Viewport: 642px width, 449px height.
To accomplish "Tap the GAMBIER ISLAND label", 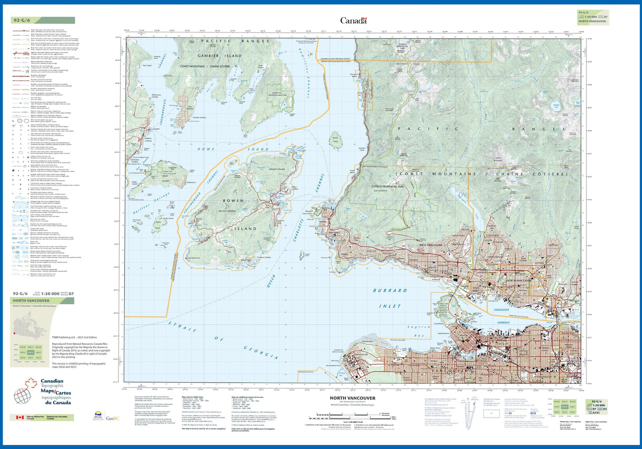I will [x=220, y=56].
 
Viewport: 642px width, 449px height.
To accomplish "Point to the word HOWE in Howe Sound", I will [x=205, y=149].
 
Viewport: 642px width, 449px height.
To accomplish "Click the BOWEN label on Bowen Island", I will [x=233, y=201].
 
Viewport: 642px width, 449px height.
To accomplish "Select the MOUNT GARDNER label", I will [x=227, y=211].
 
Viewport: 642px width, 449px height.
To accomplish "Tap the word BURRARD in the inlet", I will [x=390, y=290].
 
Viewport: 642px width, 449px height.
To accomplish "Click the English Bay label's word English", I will [x=419, y=327].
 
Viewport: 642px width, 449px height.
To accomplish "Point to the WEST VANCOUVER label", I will [x=431, y=245].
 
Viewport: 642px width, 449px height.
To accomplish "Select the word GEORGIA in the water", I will [x=261, y=352].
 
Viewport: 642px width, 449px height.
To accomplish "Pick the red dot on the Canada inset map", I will [x=15, y=333].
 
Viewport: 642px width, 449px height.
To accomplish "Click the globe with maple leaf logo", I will [x=25, y=391].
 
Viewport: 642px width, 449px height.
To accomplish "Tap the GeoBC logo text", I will [x=113, y=419].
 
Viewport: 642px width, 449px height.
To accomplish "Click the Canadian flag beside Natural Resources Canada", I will [x=20, y=417].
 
